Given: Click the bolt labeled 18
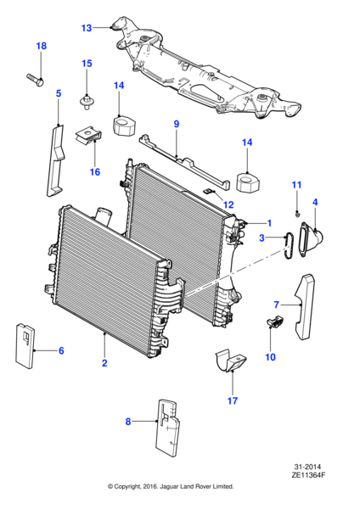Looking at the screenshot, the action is click(x=35, y=80).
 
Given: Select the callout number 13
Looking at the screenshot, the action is click(x=87, y=28).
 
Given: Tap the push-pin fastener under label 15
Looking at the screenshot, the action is click(x=87, y=101).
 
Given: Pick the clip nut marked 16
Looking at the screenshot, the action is click(x=89, y=137).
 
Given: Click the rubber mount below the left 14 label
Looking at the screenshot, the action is click(x=124, y=126).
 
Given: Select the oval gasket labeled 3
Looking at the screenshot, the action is click(x=288, y=246).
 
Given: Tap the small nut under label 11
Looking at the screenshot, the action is click(x=297, y=214).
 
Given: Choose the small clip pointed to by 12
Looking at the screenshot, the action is click(x=208, y=191).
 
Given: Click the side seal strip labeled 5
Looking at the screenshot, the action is click(x=54, y=160).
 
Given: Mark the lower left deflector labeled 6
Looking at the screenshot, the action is click(x=25, y=345).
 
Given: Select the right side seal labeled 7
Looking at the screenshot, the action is click(x=306, y=306).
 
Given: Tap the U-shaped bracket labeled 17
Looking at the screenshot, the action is click(x=230, y=361).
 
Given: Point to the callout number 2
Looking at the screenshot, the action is click(x=104, y=362).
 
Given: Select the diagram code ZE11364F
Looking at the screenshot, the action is click(x=308, y=475).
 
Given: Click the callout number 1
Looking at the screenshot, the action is click(x=269, y=223).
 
